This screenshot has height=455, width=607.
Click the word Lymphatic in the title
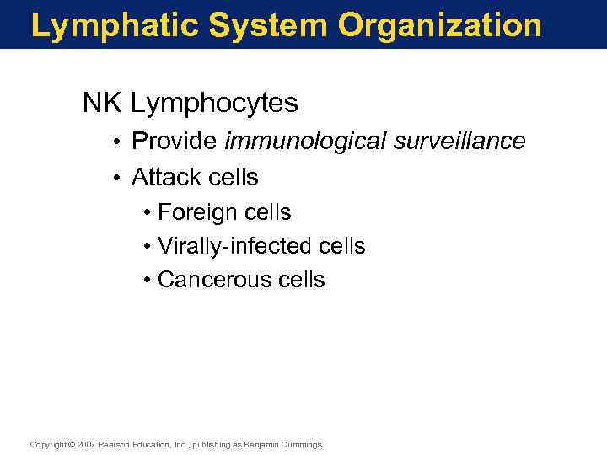[113, 26]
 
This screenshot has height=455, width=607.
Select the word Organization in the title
[440, 26]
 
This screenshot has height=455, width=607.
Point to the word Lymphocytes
[215, 104]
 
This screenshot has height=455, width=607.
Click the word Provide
[175, 141]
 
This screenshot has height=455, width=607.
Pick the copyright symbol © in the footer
[72, 444]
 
